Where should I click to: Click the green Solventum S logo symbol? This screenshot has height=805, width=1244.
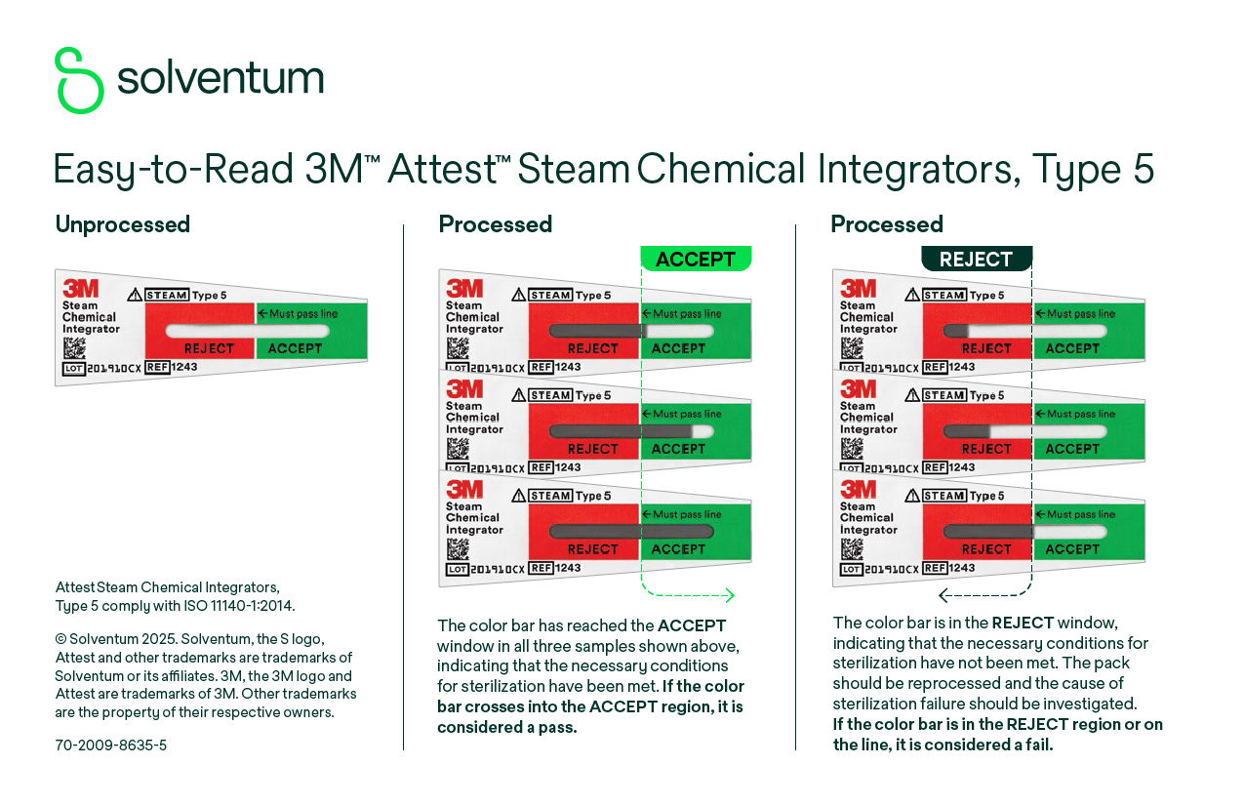tap(79, 80)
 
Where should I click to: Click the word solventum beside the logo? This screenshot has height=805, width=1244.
tap(221, 78)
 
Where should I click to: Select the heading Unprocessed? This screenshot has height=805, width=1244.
tap(122, 224)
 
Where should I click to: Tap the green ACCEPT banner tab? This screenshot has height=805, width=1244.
tap(696, 259)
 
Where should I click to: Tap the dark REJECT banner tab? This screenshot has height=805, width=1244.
tap(976, 259)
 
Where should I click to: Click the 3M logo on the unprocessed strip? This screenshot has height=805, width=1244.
tap(80, 288)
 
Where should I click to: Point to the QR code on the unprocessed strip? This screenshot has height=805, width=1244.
tap(74, 348)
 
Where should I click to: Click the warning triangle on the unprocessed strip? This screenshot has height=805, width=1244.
tap(135, 295)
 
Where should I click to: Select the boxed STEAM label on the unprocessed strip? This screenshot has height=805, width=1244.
tap(167, 295)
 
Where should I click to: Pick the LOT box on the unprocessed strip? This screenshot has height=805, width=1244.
tap(74, 369)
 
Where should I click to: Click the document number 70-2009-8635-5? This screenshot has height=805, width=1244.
tap(110, 745)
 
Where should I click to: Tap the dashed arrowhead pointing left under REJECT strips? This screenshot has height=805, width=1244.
tap(943, 595)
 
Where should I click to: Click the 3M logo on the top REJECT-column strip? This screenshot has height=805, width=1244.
tap(858, 288)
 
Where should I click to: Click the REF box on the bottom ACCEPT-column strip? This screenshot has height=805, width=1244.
tap(539, 568)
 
